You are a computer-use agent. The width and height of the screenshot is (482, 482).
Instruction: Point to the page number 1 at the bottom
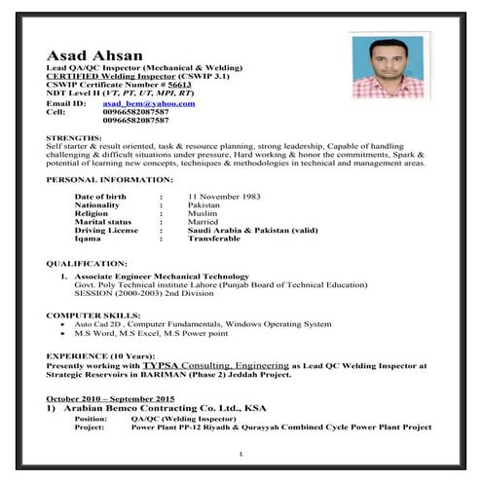pyautogui.click(x=241, y=455)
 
